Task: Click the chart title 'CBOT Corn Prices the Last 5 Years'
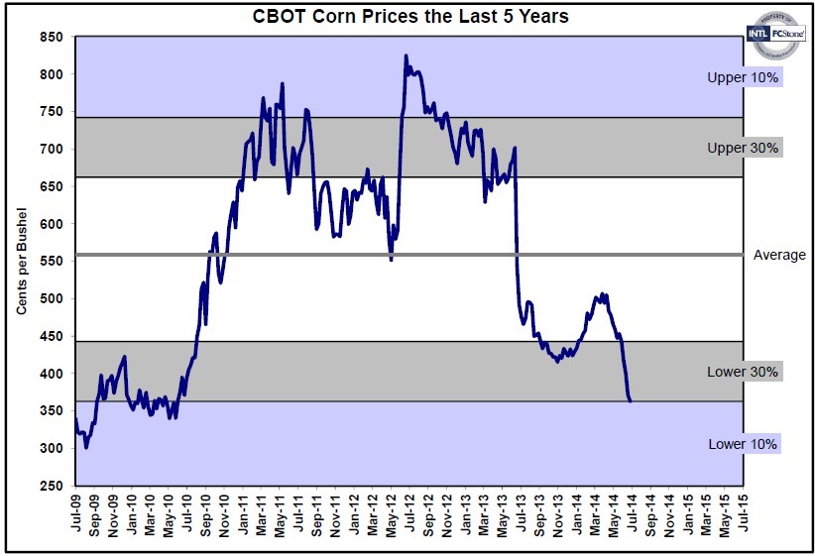[x=407, y=16]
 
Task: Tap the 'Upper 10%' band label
[x=743, y=77]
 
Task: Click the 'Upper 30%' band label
[x=743, y=148]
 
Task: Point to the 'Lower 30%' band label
[x=743, y=372]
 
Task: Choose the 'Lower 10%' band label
[x=743, y=443]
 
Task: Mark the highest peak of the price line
[x=406, y=56]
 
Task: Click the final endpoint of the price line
[x=631, y=400]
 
